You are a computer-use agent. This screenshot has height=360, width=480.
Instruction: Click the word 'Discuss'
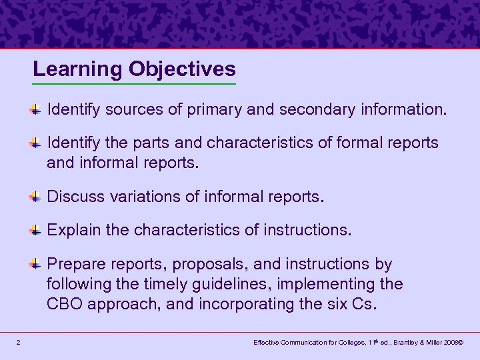point(74,197)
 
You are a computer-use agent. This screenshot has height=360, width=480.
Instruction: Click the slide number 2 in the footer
point(18,343)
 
